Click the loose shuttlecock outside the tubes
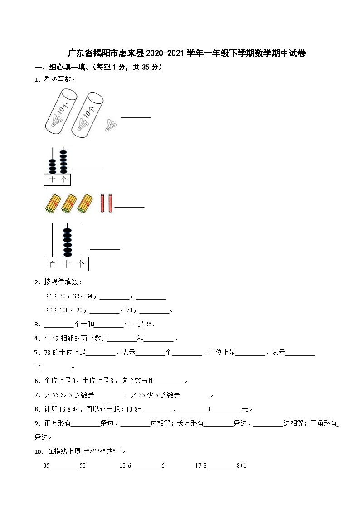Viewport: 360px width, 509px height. (111, 125)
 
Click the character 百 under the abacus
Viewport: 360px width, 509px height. (53, 264)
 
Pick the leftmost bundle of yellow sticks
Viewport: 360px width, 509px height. (52, 204)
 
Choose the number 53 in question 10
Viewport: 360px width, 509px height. (83, 466)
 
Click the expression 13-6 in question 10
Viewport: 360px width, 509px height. (125, 466)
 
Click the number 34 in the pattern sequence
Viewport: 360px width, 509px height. (89, 297)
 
